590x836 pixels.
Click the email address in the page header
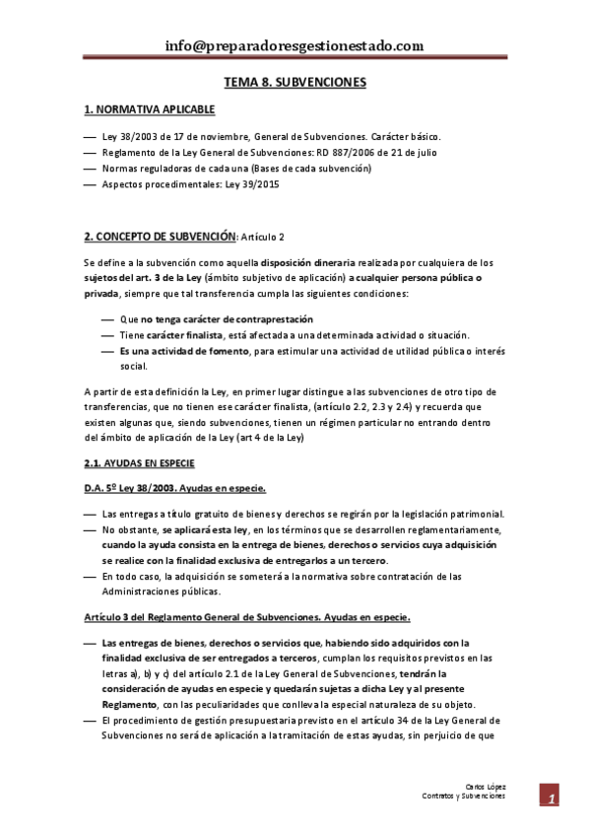pos(295,45)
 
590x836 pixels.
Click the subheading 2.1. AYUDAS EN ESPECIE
pos(139,462)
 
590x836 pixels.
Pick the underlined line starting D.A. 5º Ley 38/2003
pos(174,488)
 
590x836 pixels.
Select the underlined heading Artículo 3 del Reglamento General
pos(246,617)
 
